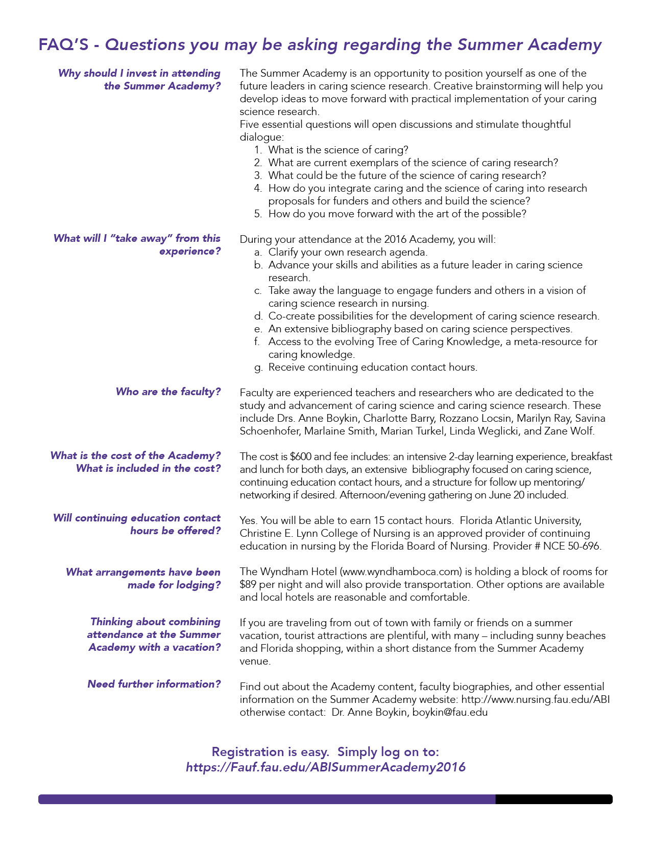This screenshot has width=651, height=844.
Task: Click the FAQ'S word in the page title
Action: coord(63,45)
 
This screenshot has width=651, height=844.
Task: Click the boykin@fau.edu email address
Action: coord(450,712)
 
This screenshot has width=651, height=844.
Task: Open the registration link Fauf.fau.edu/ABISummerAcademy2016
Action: coord(325,767)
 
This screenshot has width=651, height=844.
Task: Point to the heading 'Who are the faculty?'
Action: coord(168,392)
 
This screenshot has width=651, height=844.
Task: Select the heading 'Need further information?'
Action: coord(154,684)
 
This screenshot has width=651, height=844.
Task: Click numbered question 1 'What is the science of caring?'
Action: coord(338,150)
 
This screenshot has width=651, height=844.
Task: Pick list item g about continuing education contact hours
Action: coord(372,367)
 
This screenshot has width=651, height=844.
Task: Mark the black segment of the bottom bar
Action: coord(553,799)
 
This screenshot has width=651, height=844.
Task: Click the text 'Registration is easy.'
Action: coord(270,752)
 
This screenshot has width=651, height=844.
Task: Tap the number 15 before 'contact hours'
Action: coord(379,520)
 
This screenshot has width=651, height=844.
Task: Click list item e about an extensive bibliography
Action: coord(420,329)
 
